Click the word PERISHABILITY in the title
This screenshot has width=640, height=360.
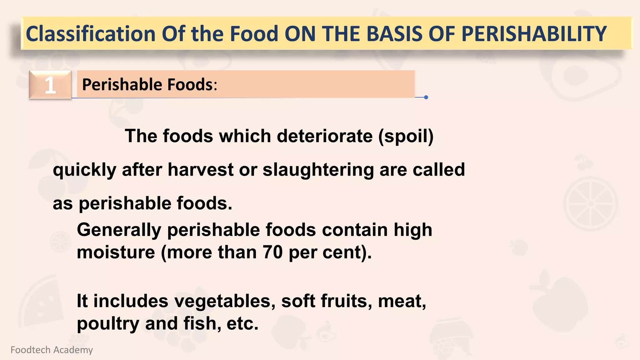point(534,34)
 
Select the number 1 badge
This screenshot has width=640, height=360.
point(50,85)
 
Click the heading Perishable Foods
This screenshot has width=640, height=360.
point(149,84)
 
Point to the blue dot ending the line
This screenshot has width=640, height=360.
point(426,97)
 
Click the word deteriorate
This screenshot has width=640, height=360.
point(325,136)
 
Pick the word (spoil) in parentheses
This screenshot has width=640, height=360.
point(406,136)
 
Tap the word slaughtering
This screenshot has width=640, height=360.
point(318,170)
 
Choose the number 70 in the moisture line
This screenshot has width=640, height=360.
point(272,252)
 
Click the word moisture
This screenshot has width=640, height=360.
point(116,252)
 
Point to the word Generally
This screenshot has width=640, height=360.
point(119,230)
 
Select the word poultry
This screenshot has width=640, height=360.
point(108,324)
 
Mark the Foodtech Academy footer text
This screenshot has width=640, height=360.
point(52,350)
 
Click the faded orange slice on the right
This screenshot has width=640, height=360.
point(590,203)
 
